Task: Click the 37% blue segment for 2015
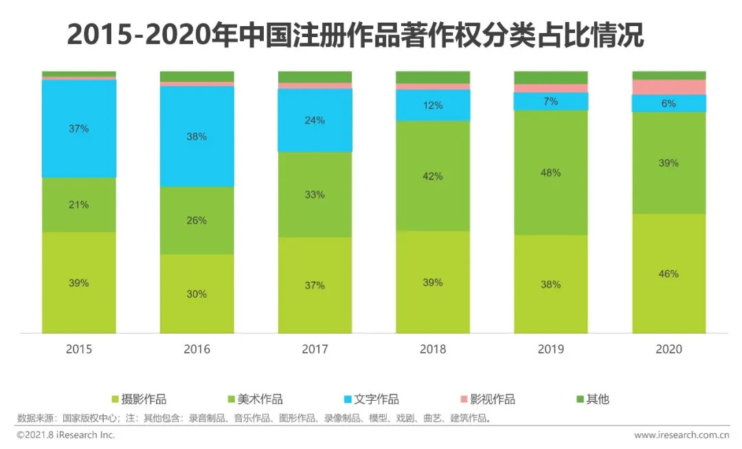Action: pyautogui.click(x=78, y=129)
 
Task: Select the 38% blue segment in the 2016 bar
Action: pyautogui.click(x=196, y=136)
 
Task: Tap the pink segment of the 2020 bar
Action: pyautogui.click(x=668, y=87)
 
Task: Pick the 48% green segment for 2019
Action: pyautogui.click(x=551, y=173)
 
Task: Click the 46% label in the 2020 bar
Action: pyautogui.click(x=668, y=274)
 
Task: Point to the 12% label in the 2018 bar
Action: pyautogui.click(x=433, y=105)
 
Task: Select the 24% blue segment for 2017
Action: pyautogui.click(x=315, y=120)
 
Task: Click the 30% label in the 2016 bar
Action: pyautogui.click(x=196, y=294)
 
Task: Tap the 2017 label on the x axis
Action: pyautogui.click(x=315, y=349)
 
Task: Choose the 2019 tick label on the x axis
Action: pyautogui.click(x=551, y=349)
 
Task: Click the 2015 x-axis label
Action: pyautogui.click(x=78, y=349)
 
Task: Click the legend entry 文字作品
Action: pyautogui.click(x=375, y=399)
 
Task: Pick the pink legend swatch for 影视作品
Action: pyautogui.click(x=464, y=399)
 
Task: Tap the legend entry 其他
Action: pyautogui.click(x=597, y=399)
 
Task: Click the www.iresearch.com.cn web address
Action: pyautogui.click(x=680, y=435)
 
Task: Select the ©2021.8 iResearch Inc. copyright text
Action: pyautogui.click(x=66, y=435)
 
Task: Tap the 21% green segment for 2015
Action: pyautogui.click(x=78, y=204)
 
